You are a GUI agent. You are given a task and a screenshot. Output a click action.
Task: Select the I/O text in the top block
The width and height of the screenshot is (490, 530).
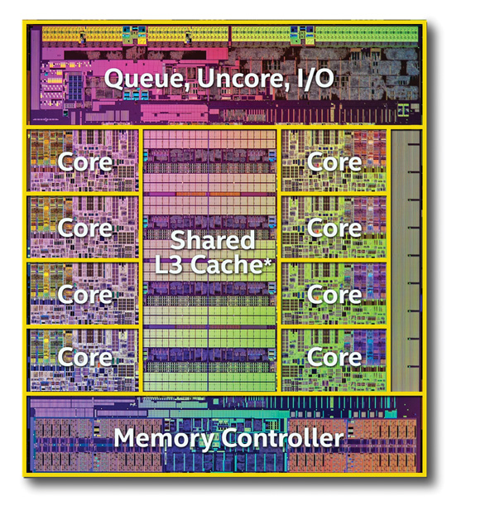[x=315, y=79]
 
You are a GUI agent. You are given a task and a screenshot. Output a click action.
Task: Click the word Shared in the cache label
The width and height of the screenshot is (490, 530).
[x=213, y=239]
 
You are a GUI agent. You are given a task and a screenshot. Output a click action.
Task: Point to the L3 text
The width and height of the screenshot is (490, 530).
[x=170, y=264]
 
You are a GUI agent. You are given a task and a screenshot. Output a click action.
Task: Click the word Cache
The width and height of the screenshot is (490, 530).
[x=227, y=264]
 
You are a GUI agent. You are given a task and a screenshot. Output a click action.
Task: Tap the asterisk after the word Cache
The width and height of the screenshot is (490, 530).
[x=268, y=262]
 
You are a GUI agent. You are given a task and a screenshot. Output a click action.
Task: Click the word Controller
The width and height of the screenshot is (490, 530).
[x=282, y=437]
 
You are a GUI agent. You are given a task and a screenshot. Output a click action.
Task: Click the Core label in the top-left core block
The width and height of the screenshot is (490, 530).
[x=84, y=162]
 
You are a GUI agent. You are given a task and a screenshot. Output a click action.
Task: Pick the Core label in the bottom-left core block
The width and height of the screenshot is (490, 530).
[x=84, y=357]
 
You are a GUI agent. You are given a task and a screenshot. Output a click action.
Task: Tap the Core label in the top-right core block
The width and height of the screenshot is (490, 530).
[x=334, y=162]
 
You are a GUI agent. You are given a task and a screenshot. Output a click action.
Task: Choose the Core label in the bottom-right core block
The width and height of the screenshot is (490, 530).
[x=334, y=357]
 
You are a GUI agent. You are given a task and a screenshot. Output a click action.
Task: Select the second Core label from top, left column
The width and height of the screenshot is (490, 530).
[x=84, y=229]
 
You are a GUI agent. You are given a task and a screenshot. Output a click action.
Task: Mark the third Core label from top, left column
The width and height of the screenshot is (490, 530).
[x=84, y=295]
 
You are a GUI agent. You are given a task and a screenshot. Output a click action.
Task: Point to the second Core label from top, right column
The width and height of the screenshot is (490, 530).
[x=334, y=229]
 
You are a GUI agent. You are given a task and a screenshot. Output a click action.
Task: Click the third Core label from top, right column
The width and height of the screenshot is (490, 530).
[x=334, y=295]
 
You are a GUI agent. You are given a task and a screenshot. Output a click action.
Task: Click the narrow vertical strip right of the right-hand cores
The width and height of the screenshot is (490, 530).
[x=406, y=261]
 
